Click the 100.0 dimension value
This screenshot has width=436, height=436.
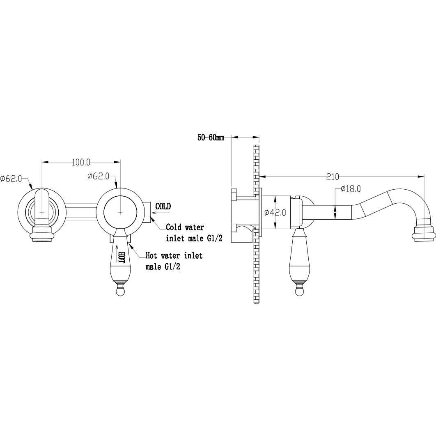click(x=81, y=162)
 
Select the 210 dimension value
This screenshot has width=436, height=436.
click(x=333, y=177)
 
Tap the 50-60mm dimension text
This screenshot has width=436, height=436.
click(x=211, y=138)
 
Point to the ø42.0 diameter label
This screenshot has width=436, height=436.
click(x=275, y=212)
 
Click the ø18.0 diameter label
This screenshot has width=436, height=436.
click(x=351, y=189)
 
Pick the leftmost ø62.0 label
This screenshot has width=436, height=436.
click(x=11, y=179)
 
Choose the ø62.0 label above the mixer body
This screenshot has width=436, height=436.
click(x=98, y=176)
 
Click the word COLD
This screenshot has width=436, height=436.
click(x=163, y=207)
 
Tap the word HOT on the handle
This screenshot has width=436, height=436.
click(x=122, y=257)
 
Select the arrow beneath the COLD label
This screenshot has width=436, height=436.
click(x=161, y=213)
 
